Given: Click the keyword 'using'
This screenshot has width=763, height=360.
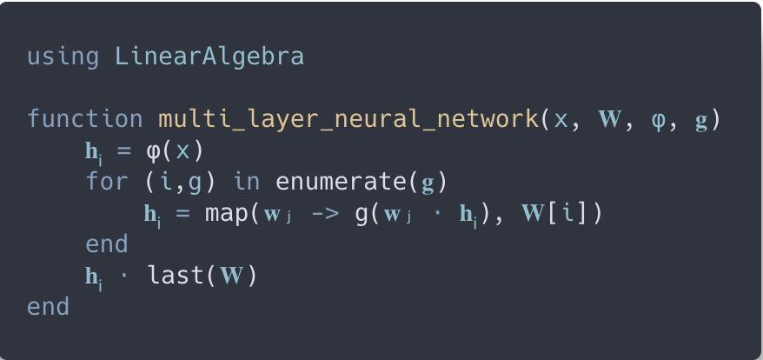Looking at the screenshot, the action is coord(63,57).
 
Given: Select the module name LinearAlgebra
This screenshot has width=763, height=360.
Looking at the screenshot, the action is coord(209,57).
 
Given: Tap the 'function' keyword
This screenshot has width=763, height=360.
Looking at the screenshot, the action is coord(84,119).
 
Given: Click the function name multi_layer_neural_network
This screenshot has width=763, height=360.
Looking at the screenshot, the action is coord(348,119).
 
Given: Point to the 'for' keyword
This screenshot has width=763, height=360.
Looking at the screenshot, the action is coord(106,182).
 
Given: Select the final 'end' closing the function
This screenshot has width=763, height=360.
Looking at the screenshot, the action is coord(48,307).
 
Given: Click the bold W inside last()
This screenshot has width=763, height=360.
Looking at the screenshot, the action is coord(231,276).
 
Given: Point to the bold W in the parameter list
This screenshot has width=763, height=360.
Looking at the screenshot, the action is coord(612,119).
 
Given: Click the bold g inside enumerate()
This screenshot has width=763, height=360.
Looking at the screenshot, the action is coord(428,182).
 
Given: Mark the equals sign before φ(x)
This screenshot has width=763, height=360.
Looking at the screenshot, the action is coord(123,150).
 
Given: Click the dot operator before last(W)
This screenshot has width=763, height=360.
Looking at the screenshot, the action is coord(123,276).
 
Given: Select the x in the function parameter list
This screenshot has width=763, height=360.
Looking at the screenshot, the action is coord(561,120).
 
